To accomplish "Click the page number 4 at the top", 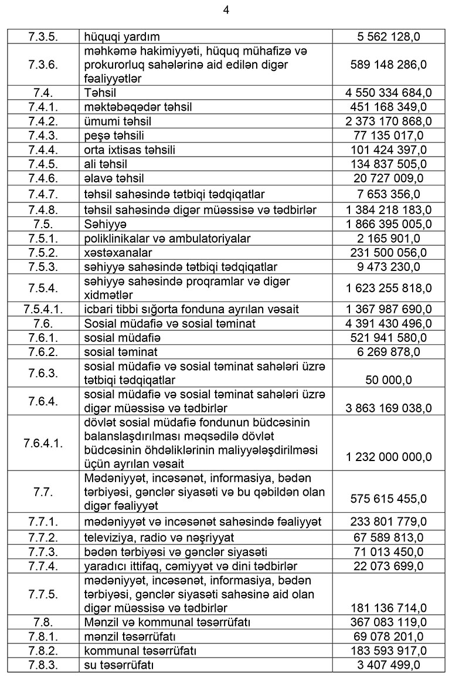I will [x=226, y=9].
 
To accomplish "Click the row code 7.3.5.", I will [x=43, y=36].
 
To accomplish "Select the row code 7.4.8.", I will [x=43, y=210].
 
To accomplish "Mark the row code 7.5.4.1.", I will [x=43, y=309].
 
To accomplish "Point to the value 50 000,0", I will [x=389, y=380].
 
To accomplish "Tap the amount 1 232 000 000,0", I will [x=389, y=456].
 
